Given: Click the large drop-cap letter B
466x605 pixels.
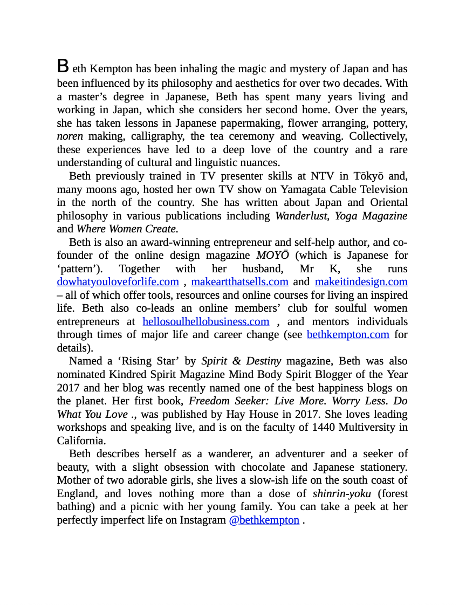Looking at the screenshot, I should point(63,66).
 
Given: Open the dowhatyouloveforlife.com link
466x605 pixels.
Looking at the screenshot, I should point(118,281).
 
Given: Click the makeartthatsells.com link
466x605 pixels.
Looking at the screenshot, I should point(239,281).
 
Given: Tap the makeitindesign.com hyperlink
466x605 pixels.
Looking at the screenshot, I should point(361,281).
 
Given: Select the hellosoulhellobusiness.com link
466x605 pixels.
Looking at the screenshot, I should point(205,321).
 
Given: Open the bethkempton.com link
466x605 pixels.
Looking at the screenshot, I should point(348,334).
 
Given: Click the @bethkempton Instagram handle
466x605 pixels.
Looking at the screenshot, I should point(264,520).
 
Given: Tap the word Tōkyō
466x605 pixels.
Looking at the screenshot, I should point(369,176).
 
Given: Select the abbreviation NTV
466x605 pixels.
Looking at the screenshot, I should point(324,176).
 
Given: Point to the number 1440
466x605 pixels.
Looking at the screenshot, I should point(325,427).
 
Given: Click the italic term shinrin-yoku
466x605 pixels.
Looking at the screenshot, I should point(341,493).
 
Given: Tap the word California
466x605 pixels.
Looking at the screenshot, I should point(79,441).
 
